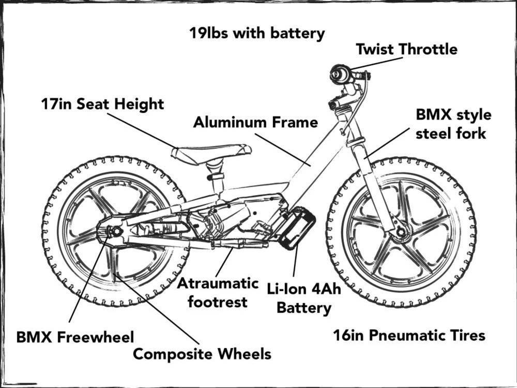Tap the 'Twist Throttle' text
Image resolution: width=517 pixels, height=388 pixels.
coord(406,50)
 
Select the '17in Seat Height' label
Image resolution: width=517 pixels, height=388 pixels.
coord(102,104)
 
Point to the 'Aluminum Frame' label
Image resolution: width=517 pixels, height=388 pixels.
coord(255,123)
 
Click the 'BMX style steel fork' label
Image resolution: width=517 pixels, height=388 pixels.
coord(453,124)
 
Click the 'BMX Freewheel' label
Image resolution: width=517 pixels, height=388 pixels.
coord(75,337)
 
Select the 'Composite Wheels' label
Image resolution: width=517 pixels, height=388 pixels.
coord(202,354)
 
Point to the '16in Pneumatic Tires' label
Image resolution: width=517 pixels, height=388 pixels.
coord(409,336)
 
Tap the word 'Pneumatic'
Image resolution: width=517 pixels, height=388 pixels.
coord(405,336)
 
